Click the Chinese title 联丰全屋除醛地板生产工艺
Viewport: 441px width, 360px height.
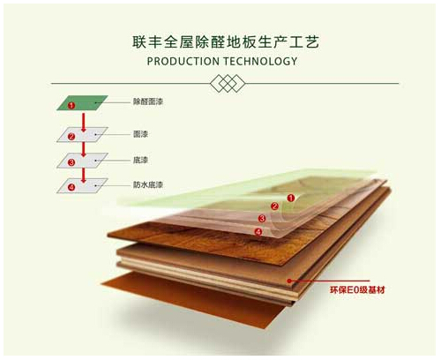[x=226, y=42]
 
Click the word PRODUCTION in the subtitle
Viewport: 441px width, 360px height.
[x=183, y=62]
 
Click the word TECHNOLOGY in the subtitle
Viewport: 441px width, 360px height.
[x=260, y=62]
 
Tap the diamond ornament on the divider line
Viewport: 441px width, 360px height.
[x=228, y=83]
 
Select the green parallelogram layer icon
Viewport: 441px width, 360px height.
[x=82, y=102]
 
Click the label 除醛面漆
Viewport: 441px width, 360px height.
[x=148, y=101]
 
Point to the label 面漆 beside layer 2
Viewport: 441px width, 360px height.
[x=140, y=134]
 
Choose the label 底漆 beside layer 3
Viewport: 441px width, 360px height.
[x=140, y=160]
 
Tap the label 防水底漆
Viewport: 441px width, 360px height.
[x=148, y=184]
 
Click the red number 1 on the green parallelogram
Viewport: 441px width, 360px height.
[x=71, y=105]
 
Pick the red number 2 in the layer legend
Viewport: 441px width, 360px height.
[x=71, y=137]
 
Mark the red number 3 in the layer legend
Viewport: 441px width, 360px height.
[x=71, y=162]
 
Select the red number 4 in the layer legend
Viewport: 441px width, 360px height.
[x=71, y=187]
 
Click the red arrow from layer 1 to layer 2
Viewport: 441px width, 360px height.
[x=84, y=123]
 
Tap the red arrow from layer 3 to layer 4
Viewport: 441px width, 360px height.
[x=84, y=176]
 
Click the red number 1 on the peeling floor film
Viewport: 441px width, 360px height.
[x=291, y=198]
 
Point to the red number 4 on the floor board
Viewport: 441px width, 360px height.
[x=258, y=232]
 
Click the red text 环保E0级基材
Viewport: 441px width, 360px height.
[x=357, y=290]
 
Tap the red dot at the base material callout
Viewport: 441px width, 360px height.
[x=289, y=281]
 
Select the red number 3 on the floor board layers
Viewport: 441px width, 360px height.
[x=262, y=219]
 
